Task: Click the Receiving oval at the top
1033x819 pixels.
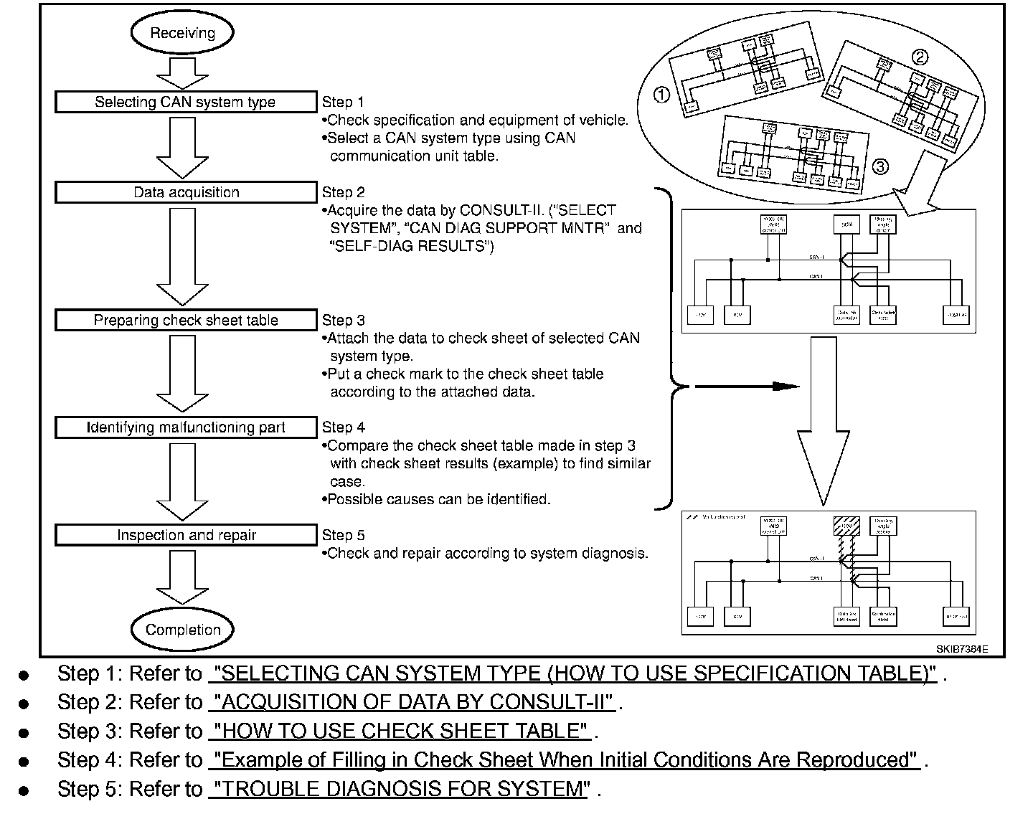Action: [x=182, y=33]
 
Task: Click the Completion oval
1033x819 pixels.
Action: [x=182, y=630]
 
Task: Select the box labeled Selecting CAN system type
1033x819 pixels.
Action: [x=185, y=102]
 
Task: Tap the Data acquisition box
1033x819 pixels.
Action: [x=185, y=192]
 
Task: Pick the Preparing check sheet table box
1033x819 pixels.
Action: [x=185, y=320]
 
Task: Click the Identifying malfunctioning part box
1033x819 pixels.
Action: [x=185, y=427]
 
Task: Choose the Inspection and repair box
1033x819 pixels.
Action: [x=185, y=535]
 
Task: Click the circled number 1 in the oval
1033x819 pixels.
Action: [x=662, y=94]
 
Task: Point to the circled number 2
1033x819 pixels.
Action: [x=919, y=58]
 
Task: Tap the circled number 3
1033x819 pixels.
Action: [x=879, y=166]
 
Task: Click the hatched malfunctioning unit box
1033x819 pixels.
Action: [x=846, y=527]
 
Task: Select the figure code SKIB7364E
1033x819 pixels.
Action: [x=961, y=649]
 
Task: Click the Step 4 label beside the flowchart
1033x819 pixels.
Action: [x=343, y=427]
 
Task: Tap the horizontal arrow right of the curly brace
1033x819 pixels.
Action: [x=746, y=387]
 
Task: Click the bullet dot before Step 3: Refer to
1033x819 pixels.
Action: [x=24, y=733]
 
